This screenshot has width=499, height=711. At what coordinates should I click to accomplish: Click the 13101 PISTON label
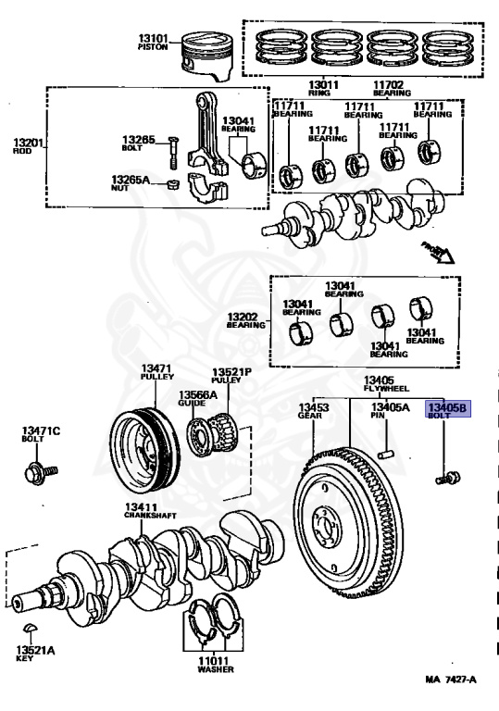tap(154, 42)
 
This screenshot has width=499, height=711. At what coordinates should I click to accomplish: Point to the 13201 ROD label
tap(27, 147)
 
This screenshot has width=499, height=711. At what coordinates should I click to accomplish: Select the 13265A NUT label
tap(131, 182)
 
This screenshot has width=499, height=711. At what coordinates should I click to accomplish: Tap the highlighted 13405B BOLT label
tap(448, 411)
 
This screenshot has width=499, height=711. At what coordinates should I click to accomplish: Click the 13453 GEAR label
tap(313, 411)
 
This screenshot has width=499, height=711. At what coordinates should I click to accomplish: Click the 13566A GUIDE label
tap(197, 398)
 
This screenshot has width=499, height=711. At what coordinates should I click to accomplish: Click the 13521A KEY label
tap(34, 655)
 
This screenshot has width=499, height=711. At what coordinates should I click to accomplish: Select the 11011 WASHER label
tap(215, 664)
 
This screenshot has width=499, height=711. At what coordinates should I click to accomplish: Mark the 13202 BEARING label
tap(246, 320)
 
